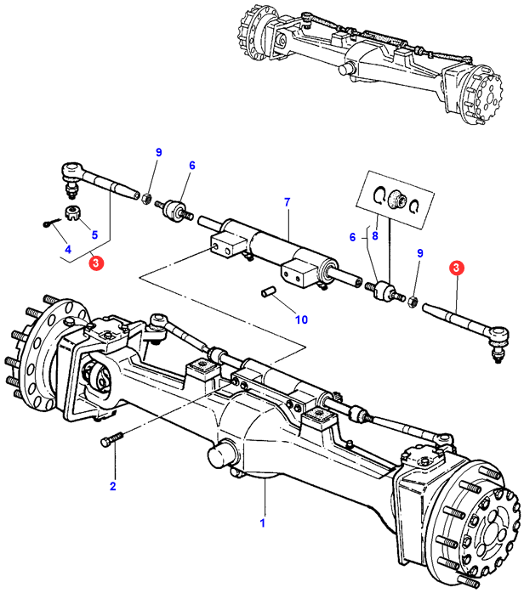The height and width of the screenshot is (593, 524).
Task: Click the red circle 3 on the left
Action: coord(97,264)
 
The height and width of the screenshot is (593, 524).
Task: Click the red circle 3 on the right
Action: coord(458,268)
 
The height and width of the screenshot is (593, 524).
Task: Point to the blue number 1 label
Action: coord(264,522)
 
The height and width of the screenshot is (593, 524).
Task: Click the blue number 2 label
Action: coord(112,487)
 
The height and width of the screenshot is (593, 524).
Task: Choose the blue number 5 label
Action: coord(94,235)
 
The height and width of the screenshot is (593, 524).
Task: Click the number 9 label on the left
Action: coord(157,152)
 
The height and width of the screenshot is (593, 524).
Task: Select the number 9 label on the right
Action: coord(419,253)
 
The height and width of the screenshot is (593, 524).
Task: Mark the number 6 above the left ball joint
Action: coord(192,166)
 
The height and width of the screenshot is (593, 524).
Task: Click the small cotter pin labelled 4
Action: coord(48,223)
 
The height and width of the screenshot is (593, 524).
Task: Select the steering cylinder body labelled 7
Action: coord(264,246)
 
